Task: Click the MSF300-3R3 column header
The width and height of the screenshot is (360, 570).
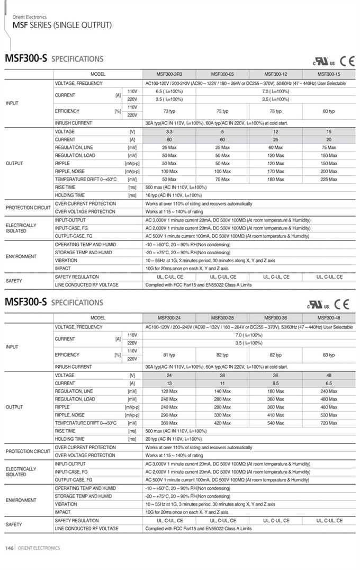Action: [x=169, y=74]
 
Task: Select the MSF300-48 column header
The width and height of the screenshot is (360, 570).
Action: [x=328, y=318]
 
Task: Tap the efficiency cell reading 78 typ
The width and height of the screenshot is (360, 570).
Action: [x=275, y=111]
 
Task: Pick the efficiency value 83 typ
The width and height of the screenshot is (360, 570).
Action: [x=328, y=355]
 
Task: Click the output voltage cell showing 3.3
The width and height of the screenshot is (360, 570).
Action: [x=169, y=131]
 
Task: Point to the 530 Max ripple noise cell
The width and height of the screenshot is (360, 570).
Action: [x=328, y=415]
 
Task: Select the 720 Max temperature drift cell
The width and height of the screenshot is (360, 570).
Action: [x=328, y=423]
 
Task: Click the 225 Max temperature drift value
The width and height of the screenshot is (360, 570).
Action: [x=328, y=180]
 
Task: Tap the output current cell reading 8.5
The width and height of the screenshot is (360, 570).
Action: [x=275, y=383]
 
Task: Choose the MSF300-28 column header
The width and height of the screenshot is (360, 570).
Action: [x=222, y=318]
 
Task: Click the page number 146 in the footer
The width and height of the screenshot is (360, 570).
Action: [x=9, y=548]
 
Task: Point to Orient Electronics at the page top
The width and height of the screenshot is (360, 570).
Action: [x=29, y=17]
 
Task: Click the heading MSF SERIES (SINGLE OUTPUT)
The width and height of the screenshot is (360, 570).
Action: [x=62, y=25]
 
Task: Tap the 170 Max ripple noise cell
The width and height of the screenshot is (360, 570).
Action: [x=275, y=172]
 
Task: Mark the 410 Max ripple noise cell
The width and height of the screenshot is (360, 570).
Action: [x=275, y=415]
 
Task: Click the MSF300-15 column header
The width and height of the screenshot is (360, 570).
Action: [x=328, y=74]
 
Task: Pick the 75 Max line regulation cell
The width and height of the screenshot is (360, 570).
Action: [x=328, y=147]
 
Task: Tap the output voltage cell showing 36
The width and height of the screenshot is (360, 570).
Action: [x=275, y=375]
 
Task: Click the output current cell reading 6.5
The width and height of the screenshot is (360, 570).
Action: [x=328, y=383]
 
